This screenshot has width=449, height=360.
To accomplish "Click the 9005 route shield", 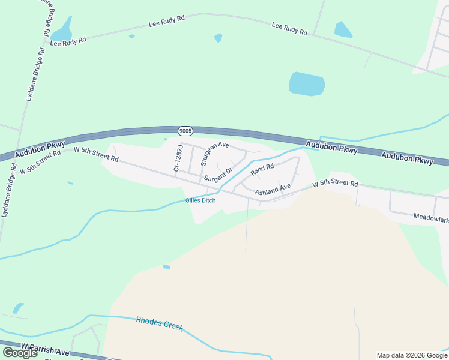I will coord(185,130).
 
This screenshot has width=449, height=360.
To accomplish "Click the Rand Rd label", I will coord(262,170).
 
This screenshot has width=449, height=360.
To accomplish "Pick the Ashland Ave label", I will coord(273,190).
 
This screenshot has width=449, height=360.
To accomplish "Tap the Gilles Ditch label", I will coord(200,200).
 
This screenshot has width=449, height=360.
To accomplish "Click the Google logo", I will coord(20,353).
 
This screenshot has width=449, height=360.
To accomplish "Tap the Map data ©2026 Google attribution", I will coord(411,355).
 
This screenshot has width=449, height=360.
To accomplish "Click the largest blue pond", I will coord(307,84).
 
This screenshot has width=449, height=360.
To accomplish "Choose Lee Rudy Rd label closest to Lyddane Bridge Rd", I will coord(68,40).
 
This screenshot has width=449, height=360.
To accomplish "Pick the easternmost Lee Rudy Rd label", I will coord(289,28).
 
